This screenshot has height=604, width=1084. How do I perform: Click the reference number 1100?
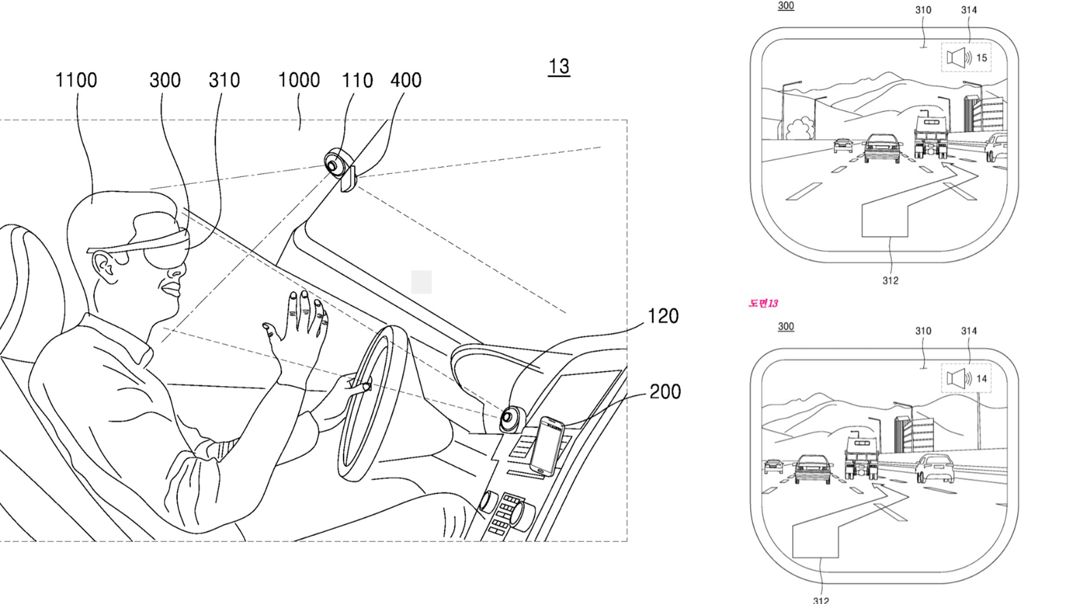76,80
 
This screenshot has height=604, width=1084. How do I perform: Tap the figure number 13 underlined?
559,67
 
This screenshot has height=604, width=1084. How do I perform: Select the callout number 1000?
298,80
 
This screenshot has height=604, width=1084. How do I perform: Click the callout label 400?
405,80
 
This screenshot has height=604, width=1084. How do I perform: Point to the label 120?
662,316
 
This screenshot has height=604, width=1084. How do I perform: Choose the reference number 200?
664,392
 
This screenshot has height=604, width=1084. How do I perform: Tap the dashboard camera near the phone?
511,417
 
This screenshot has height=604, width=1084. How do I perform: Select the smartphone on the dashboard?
547,446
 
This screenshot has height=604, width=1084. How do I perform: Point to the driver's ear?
105,265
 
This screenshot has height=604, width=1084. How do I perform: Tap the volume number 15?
981,58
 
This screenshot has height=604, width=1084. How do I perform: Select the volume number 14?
981,379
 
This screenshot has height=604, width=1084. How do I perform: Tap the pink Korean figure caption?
763,303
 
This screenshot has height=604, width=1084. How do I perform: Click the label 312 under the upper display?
890,281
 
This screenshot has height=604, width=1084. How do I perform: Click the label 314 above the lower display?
969,331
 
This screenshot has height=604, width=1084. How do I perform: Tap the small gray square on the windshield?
421,281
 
